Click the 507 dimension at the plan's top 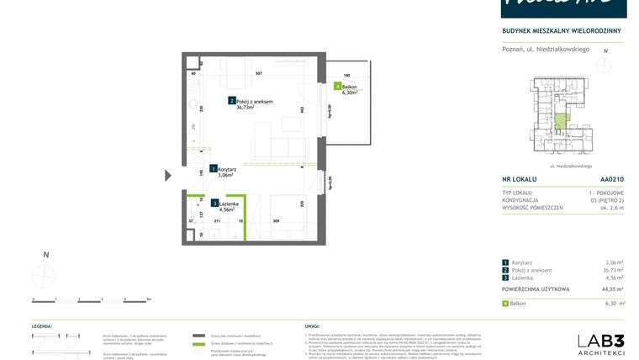[x=258, y=74]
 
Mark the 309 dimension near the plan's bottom [x=276, y=221]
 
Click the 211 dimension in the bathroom [x=217, y=221]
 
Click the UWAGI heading [x=312, y=325]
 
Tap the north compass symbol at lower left [x=45, y=274]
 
